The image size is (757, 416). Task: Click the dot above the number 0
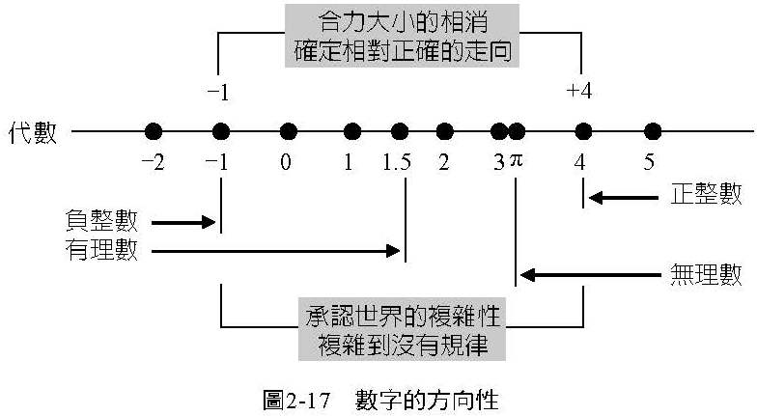(x=287, y=131)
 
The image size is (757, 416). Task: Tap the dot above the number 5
(x=652, y=131)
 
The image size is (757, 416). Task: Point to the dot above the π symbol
(x=517, y=131)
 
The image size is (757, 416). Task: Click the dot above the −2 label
(x=153, y=131)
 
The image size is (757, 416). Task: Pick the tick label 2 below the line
(x=443, y=162)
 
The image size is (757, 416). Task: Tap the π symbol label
(x=516, y=161)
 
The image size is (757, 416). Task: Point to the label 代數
(x=34, y=132)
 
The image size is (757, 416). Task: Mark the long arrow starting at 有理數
(x=276, y=251)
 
